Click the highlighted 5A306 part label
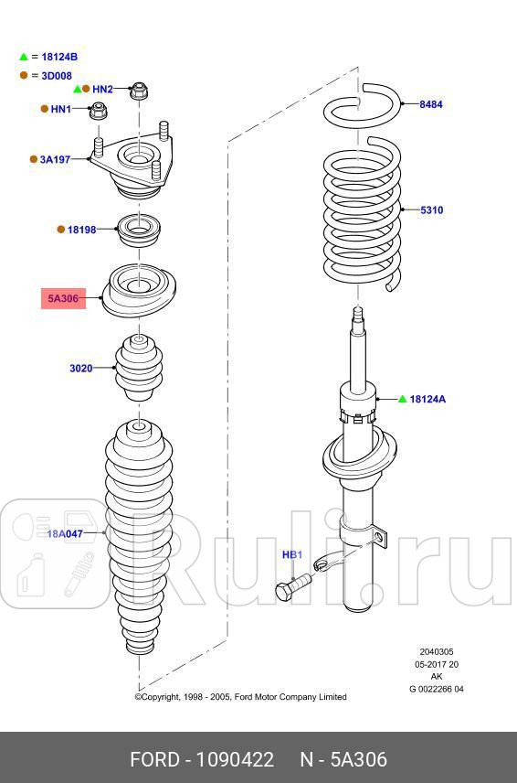[x=63, y=298]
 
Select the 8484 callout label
[x=431, y=104]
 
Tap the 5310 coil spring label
[x=431, y=210]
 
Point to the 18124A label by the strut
[x=427, y=399]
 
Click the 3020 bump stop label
[x=80, y=369]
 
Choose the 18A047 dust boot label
[x=65, y=533]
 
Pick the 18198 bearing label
[x=81, y=230]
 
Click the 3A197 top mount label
[x=55, y=159]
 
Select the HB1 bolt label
[x=291, y=555]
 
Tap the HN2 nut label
[x=102, y=89]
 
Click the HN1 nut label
[x=60, y=109]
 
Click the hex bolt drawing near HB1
[x=292, y=585]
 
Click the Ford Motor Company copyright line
[x=240, y=697]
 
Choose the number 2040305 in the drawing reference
[x=436, y=653]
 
